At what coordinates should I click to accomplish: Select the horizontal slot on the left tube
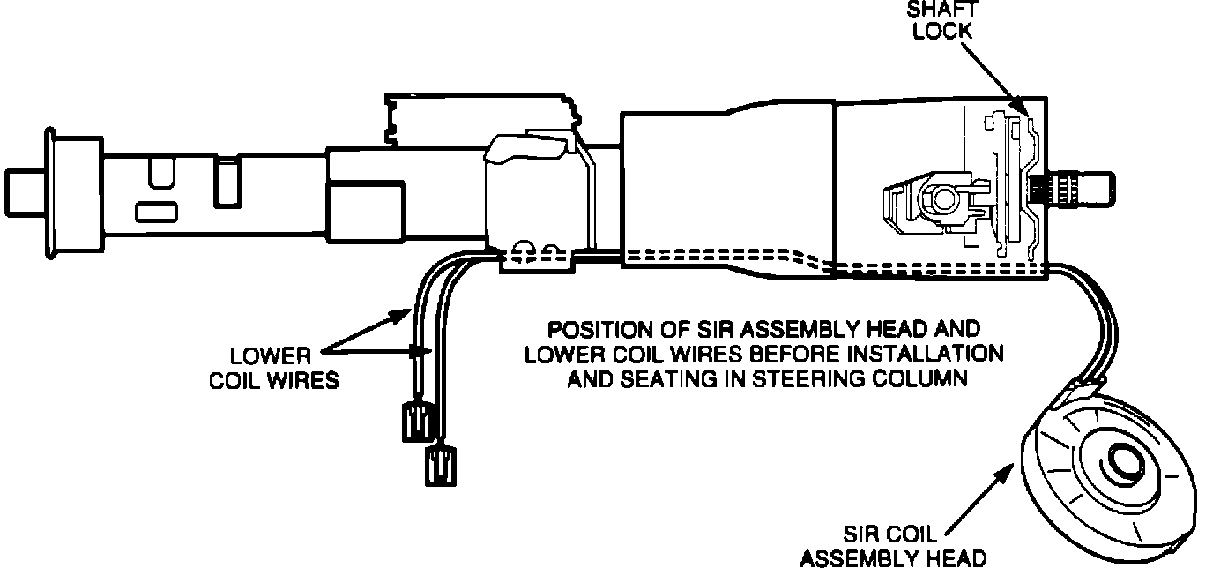pyautogui.click(x=156, y=212)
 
